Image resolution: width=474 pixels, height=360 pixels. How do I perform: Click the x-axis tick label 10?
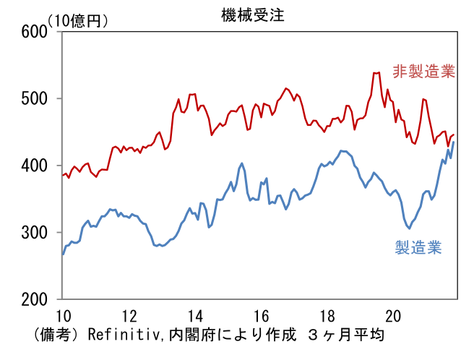pos(63,316)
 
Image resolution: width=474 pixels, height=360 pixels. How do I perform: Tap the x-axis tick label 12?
pos(129,316)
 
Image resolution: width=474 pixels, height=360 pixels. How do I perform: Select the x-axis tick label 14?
pos(195,316)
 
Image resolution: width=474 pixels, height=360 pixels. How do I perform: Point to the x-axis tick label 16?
pos(262,316)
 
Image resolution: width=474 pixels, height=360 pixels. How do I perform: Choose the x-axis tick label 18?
pos(327,316)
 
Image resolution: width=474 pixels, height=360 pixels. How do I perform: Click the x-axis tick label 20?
pos(394,316)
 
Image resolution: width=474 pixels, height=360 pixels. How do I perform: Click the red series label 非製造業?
pos(424,72)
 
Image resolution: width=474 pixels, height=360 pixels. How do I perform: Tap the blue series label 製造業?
pos(418,248)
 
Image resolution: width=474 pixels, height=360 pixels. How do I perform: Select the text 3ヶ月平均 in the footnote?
pos(345,335)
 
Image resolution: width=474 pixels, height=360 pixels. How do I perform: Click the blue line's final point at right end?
pos(454,142)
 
